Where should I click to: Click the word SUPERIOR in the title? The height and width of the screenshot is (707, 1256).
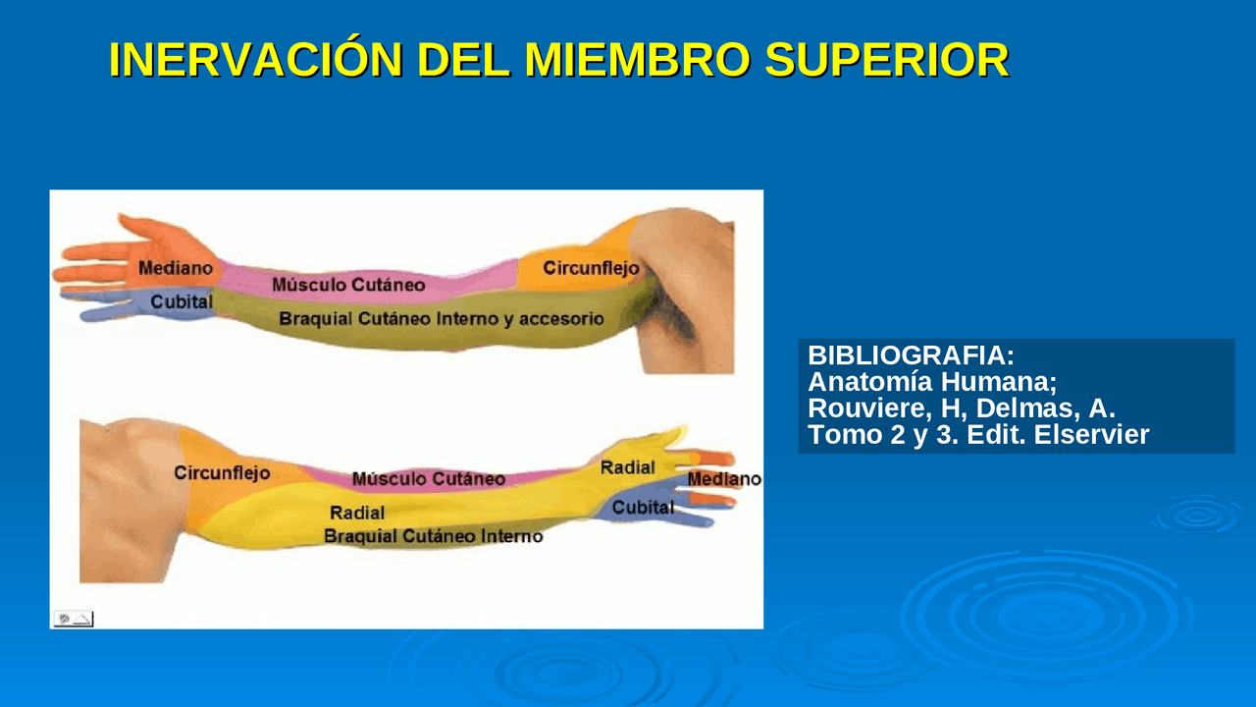click(x=886, y=61)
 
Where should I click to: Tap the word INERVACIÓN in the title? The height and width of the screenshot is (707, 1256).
click(x=255, y=61)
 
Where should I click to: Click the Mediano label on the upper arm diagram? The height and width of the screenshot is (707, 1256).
click(x=176, y=267)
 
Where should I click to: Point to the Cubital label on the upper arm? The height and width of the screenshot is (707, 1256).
click(x=182, y=301)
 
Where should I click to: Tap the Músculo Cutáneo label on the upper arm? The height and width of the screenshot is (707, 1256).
click(x=348, y=285)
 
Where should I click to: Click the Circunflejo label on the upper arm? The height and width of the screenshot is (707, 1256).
click(x=591, y=267)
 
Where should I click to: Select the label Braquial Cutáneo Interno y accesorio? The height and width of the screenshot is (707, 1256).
click(x=442, y=319)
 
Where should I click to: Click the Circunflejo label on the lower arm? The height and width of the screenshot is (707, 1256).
click(x=222, y=472)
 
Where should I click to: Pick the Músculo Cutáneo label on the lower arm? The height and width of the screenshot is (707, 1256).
click(x=429, y=479)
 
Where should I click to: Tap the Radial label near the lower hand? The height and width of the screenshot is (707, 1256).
click(x=627, y=467)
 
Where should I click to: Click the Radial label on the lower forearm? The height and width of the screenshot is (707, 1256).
click(x=357, y=513)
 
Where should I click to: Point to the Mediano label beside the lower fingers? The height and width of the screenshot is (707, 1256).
click(x=724, y=479)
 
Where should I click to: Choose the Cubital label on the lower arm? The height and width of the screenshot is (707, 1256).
click(x=643, y=508)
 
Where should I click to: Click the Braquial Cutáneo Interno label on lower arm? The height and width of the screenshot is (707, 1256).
click(x=433, y=536)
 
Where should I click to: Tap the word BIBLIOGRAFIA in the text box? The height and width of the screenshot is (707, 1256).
click(x=911, y=355)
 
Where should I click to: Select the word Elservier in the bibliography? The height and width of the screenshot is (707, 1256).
click(x=1091, y=435)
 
